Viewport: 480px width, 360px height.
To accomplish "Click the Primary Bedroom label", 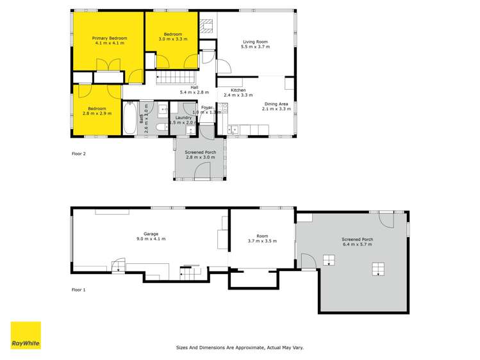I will click(109, 38).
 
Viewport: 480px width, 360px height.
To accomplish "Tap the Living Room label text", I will click(255, 41).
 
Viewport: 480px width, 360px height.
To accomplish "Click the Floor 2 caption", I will click(78, 154).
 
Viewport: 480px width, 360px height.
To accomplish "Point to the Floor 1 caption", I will click(78, 290).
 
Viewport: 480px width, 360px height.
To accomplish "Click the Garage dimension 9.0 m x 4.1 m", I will click(151, 239).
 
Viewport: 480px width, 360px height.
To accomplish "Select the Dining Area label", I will click(277, 104).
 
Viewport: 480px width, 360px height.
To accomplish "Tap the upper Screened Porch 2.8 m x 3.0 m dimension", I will click(200, 158).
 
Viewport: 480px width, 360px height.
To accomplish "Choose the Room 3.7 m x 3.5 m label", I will click(261, 242).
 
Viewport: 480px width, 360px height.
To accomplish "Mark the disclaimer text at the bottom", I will click(240, 347).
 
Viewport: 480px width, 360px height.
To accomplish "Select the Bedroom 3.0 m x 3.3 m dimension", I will click(173, 40).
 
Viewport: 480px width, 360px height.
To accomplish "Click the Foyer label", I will click(206, 107).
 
